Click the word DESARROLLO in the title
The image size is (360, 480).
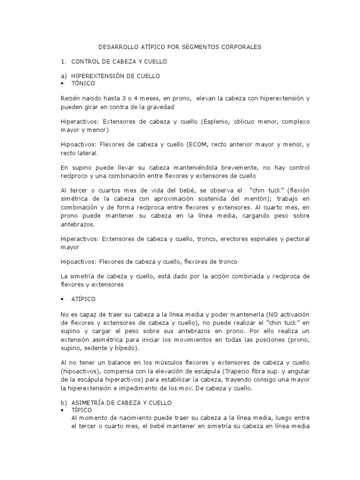point(116,47)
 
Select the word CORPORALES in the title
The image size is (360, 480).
point(239,47)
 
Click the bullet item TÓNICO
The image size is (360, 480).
point(83,83)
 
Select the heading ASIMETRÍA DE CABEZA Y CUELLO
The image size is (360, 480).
point(121,403)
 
